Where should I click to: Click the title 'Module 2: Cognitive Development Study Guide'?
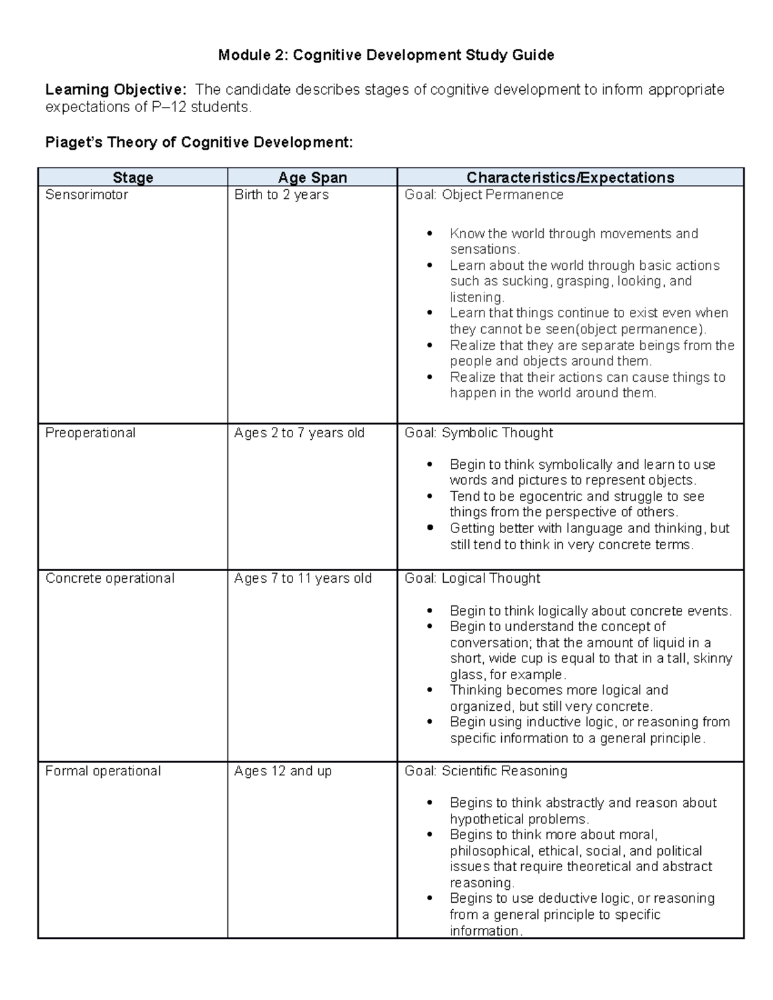pos(386,55)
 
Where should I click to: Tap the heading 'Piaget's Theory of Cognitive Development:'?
pos(199,142)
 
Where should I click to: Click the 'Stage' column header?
pos(133,178)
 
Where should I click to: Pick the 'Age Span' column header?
pos(312,178)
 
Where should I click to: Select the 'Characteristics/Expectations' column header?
pos(570,178)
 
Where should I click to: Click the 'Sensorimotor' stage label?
pos(86,195)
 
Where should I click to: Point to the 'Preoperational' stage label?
pos(90,433)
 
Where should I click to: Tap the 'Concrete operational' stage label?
pos(110,578)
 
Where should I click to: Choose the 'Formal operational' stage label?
pos(103,771)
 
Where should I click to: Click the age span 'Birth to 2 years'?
pos(282,195)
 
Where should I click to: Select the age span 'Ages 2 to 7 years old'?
pos(300,433)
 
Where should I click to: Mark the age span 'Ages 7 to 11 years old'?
pos(303,578)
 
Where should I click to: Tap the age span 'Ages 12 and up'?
pos(283,771)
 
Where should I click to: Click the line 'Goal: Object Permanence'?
pos(484,195)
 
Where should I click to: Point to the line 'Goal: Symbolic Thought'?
pos(479,433)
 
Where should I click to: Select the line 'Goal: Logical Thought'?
pos(472,578)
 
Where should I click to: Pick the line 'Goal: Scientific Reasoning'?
pos(486,771)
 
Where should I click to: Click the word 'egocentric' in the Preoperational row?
pos(551,496)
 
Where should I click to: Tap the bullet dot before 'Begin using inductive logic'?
pos(430,722)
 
